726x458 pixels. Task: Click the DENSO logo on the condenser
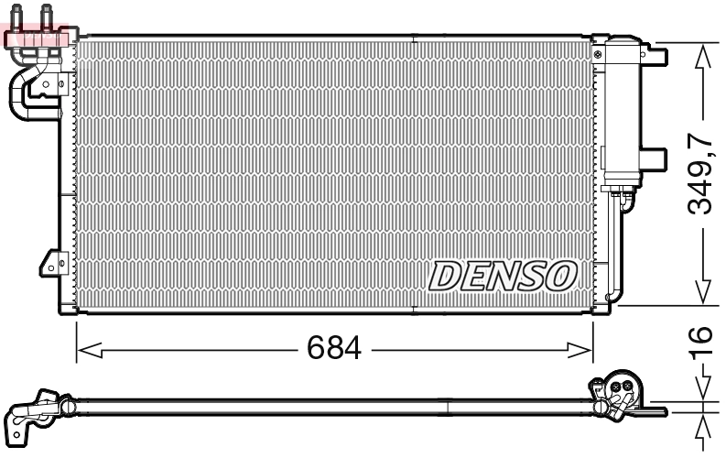click(x=504, y=275)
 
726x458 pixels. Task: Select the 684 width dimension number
click(x=334, y=348)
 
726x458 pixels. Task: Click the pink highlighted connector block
click(x=37, y=37)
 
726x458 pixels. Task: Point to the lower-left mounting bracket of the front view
click(x=49, y=263)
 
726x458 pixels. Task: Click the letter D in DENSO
click(x=447, y=275)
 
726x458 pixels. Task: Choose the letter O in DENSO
click(x=560, y=275)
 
